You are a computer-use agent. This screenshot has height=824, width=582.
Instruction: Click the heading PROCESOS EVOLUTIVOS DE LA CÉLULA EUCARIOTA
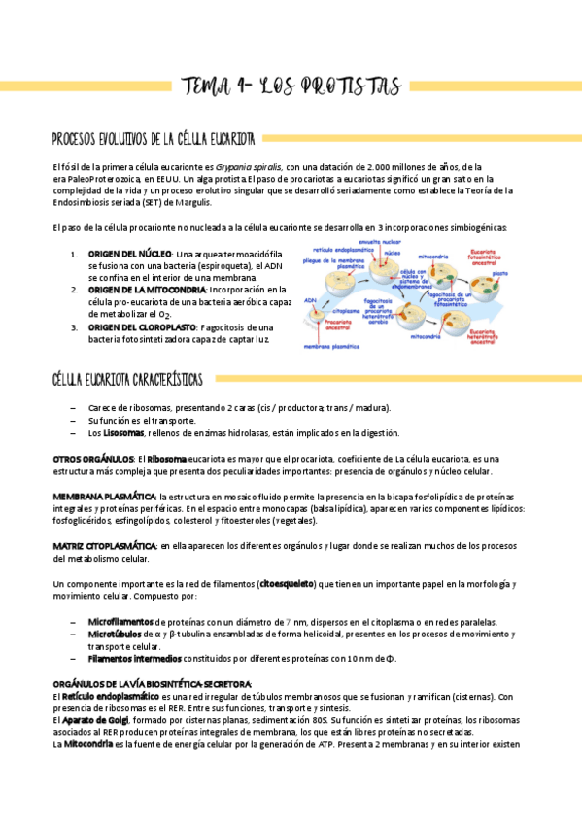click(154, 138)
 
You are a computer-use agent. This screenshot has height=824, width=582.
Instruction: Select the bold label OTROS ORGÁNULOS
click(92, 458)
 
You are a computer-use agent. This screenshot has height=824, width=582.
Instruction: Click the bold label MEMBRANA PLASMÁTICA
click(104, 497)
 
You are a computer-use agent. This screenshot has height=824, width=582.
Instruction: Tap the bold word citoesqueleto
click(287, 584)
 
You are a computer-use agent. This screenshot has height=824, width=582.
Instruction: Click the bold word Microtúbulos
click(115, 634)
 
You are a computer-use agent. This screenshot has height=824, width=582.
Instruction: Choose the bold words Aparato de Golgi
click(97, 720)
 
